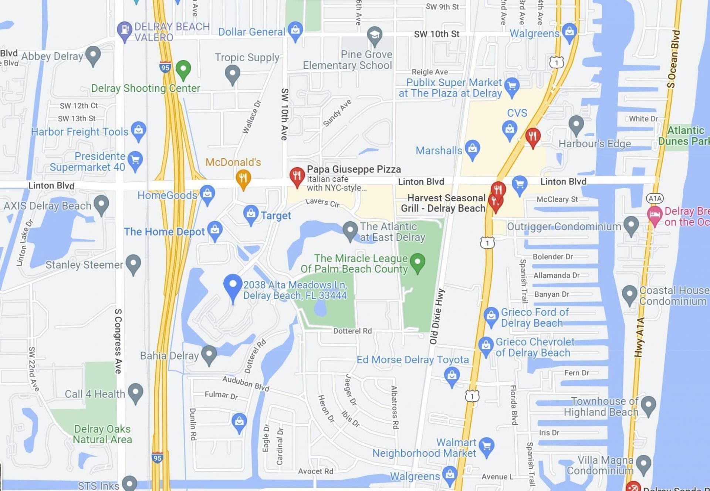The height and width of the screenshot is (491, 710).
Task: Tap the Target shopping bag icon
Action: point(251,214)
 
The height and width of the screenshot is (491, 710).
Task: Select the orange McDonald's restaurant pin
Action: point(243,178)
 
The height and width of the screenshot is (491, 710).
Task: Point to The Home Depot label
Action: point(164,232)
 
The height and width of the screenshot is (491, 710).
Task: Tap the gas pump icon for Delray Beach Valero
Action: point(125,29)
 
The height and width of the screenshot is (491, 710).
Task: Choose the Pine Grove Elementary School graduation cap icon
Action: point(375,35)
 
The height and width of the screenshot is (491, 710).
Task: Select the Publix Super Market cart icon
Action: point(512,86)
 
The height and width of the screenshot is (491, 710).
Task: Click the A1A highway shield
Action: point(655,198)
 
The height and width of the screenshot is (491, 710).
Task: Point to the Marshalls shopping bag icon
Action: point(472,149)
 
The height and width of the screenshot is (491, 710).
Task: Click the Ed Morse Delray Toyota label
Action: point(412,360)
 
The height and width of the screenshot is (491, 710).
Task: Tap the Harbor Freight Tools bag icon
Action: point(139,130)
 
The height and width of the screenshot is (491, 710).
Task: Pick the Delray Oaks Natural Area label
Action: point(102,434)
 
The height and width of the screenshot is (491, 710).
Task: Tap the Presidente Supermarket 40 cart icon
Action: point(135,160)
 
